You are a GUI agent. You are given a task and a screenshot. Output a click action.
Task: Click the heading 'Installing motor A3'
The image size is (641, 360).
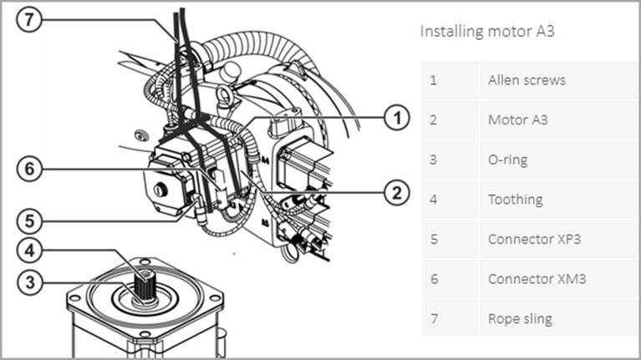[x=487, y=33]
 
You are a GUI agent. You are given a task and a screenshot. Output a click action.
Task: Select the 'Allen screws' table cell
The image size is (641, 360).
[x=527, y=80]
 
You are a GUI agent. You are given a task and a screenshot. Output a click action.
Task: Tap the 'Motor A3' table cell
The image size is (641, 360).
[x=519, y=119]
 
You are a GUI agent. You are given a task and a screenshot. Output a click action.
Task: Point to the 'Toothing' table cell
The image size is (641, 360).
[x=515, y=200]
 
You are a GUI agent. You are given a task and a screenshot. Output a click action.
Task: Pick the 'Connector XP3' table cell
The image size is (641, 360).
[x=534, y=239]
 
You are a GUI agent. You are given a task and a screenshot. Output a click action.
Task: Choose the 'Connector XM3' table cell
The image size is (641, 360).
[x=536, y=279]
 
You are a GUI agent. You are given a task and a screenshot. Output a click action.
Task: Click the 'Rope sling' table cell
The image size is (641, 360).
[x=520, y=318]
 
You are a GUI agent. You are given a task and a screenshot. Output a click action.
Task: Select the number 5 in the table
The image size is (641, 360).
[x=433, y=239]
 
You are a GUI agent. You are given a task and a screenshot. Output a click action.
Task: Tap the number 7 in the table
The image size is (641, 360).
[x=433, y=318]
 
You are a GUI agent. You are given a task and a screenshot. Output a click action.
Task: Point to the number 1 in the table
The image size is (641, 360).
[x=433, y=80]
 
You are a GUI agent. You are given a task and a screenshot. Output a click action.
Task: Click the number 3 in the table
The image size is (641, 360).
[x=433, y=160]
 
